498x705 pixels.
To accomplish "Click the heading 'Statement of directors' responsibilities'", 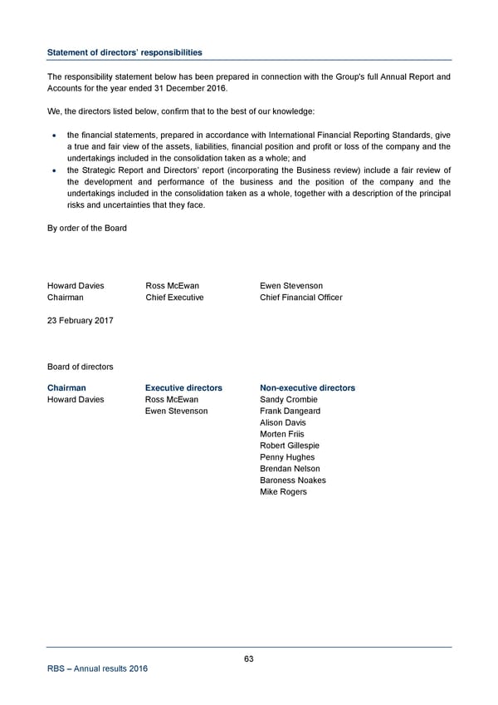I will pyautogui.click(x=124, y=52).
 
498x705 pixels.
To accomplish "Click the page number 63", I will pyautogui.click(x=249, y=658).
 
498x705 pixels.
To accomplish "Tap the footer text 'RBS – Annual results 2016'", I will pyautogui.click(x=97, y=674).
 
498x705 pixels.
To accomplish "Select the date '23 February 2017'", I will pyautogui.click(x=81, y=320).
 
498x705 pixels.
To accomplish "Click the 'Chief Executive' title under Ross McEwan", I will pyautogui.click(x=174, y=298).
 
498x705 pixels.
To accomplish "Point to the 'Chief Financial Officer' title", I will pyautogui.click(x=300, y=298).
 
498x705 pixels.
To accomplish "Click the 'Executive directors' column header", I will pyautogui.click(x=183, y=387).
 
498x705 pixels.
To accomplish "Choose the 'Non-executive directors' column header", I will pyautogui.click(x=307, y=387).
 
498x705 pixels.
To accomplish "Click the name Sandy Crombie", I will pyautogui.click(x=289, y=399).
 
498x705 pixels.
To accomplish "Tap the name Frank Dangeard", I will pyautogui.click(x=290, y=411).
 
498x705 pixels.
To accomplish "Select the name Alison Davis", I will pyautogui.click(x=283, y=422).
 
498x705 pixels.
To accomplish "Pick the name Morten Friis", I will pyautogui.click(x=282, y=434).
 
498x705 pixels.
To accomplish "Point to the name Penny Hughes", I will pyautogui.click(x=287, y=457).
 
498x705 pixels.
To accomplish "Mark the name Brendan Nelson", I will pyautogui.click(x=290, y=469).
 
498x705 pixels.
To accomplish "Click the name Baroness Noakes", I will pyautogui.click(x=293, y=481).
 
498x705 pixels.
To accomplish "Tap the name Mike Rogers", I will pyautogui.click(x=283, y=492).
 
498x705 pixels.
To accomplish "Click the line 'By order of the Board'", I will pyautogui.click(x=87, y=228).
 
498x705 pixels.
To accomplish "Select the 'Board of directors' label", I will pyautogui.click(x=81, y=367).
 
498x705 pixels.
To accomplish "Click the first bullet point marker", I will pyautogui.click(x=54, y=135).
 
